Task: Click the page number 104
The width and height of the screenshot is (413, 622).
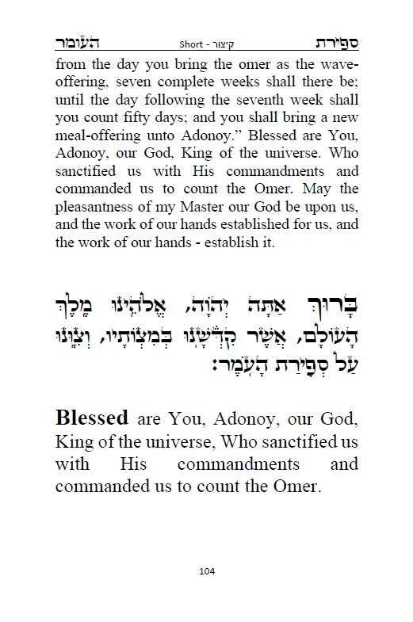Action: pyautogui.click(x=207, y=571)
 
